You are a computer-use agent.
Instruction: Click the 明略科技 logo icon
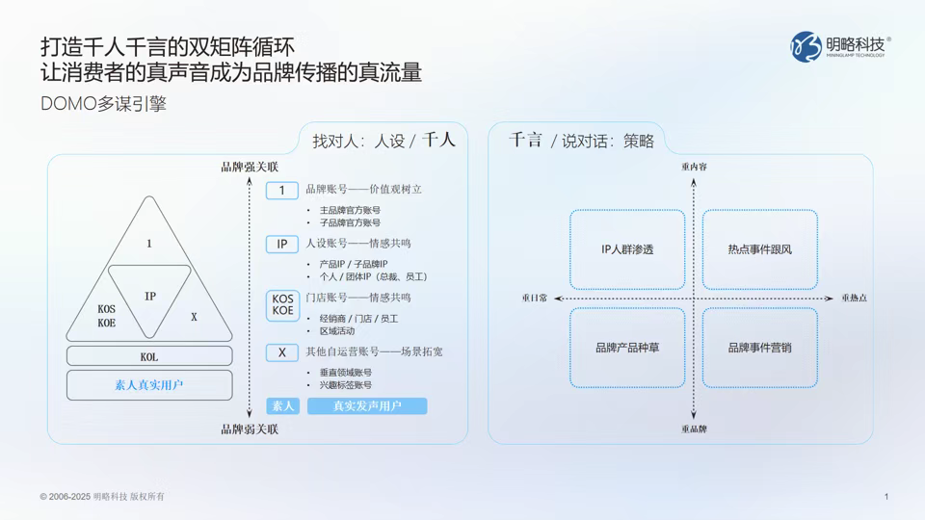807,46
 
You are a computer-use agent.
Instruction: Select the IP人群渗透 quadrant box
627,249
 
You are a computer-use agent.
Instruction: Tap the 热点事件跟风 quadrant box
759,249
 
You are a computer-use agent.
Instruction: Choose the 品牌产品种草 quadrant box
627,347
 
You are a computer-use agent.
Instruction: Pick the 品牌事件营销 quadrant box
759,347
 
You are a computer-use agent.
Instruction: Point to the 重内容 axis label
694,167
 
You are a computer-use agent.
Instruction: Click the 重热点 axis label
853,299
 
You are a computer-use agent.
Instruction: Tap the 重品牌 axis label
694,429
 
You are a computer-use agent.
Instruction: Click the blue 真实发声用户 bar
367,406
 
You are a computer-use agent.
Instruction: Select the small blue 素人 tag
282,406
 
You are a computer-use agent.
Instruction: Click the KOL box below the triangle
149,356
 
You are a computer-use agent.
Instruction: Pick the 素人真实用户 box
149,385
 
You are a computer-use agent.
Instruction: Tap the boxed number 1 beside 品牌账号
282,191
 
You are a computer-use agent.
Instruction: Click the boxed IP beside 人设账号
282,245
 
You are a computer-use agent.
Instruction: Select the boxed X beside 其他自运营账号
282,352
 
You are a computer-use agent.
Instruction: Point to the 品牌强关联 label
250,168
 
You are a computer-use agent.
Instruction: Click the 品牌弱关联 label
250,429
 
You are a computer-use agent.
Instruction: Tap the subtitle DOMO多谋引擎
103,104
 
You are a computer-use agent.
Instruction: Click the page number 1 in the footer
885,497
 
